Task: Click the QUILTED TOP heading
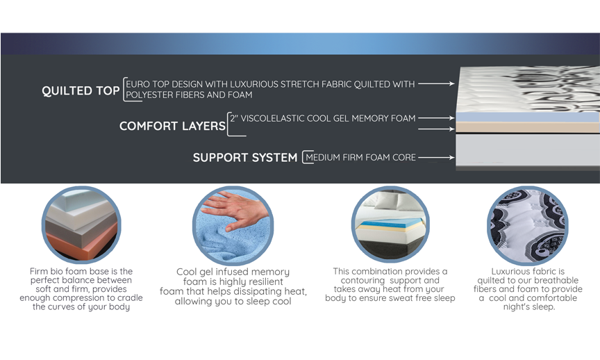[81, 91]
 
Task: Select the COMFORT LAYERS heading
[173, 126]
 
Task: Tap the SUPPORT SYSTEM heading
[245, 157]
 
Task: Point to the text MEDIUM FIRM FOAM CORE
[360, 157]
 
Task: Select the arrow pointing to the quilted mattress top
[436, 83]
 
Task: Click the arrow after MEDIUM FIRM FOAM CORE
[436, 157]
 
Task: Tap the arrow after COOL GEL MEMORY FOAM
[436, 118]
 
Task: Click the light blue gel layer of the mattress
[528, 117]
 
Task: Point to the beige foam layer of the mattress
[528, 128]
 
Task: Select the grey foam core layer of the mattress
[528, 149]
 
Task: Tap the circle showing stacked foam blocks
[81, 224]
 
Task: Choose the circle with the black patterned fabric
[527, 226]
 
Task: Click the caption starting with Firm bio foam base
[81, 289]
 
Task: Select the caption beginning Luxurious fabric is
[528, 289]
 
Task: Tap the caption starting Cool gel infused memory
[233, 286]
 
